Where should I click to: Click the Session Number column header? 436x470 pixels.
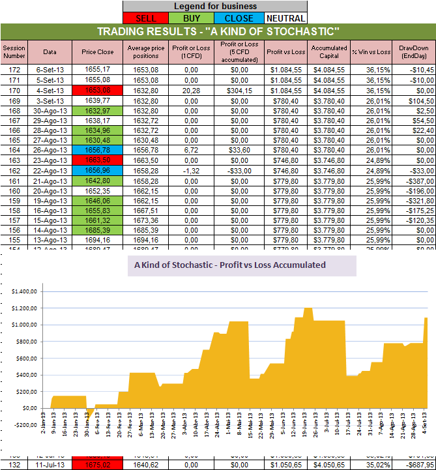click(13, 51)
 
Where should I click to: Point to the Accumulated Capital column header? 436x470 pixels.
click(329, 51)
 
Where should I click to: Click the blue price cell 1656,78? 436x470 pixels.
click(98, 149)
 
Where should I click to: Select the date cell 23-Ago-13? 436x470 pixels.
click(50, 159)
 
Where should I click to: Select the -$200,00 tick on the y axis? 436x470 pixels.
click(24, 424)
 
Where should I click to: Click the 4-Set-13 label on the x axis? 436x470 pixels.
click(425, 437)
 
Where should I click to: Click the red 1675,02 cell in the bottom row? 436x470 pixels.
click(98, 465)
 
